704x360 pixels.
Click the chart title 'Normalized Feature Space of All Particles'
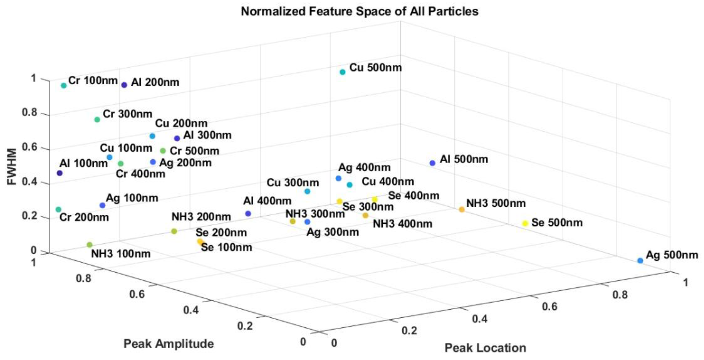359,11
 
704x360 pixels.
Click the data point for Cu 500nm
342,72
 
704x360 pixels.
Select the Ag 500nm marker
640,260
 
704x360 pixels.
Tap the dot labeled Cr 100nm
64,85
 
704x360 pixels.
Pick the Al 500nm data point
432,163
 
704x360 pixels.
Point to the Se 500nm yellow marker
525,223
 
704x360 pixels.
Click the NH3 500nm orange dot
462,209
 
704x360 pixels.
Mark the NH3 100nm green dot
89,244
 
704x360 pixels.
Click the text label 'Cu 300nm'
293,183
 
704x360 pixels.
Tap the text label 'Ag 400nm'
364,167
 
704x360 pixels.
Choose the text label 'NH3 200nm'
201,217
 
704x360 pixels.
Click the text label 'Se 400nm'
414,196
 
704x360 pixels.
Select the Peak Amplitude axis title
169,344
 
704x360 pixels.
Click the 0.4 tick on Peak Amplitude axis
191,310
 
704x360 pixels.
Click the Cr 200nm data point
58,209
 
